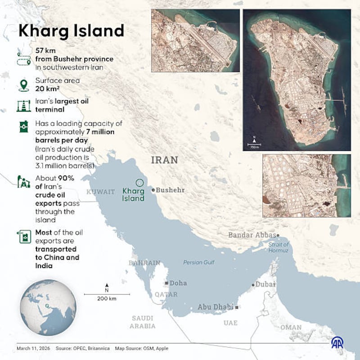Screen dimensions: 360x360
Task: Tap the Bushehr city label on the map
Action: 170,190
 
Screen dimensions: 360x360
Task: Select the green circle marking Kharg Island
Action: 139,183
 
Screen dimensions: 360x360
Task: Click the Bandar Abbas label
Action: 253,235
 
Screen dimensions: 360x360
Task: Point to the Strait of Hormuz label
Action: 278,247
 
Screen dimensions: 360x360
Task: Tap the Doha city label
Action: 178,283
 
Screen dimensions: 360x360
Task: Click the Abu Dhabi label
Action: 216,307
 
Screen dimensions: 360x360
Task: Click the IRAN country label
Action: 164,160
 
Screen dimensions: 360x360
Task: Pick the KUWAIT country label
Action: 101,192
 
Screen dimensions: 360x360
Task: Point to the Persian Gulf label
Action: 199,262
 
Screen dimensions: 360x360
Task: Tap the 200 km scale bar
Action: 107,294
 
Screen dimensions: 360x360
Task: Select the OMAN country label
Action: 291,328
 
